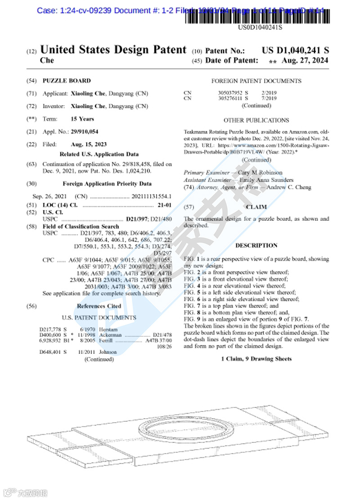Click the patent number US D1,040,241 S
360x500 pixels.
click(295, 50)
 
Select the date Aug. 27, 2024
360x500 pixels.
click(305, 61)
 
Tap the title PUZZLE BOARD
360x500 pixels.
click(67, 81)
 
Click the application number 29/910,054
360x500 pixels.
click(85, 132)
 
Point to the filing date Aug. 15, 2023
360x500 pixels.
click(89, 144)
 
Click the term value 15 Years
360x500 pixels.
click(82, 119)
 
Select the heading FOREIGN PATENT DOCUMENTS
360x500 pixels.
click(256, 81)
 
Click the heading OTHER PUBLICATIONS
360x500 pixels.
click(256, 121)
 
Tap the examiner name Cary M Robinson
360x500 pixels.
click(260, 173)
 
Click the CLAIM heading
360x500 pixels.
click(256, 207)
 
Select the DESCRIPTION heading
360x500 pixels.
click(256, 246)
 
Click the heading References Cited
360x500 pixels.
click(99, 306)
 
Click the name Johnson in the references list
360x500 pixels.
click(108, 352)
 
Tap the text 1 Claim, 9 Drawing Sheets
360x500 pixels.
click(256, 359)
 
